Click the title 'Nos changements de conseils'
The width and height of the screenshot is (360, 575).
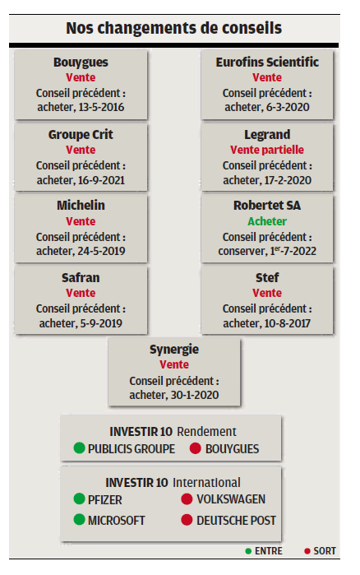click(x=173, y=28)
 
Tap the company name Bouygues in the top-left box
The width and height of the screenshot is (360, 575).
click(x=81, y=63)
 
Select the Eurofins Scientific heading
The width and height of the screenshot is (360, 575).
click(x=267, y=62)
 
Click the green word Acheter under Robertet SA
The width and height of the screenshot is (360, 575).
click(x=267, y=221)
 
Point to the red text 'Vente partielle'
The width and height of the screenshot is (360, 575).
click(x=267, y=150)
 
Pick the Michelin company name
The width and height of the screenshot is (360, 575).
click(x=81, y=206)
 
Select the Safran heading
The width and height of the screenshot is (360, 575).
click(x=81, y=277)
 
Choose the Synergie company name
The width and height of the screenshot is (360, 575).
click(x=174, y=350)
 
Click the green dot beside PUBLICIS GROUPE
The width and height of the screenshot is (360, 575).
click(x=79, y=447)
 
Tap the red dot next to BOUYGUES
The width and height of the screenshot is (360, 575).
click(x=195, y=448)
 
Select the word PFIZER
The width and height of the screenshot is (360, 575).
click(x=104, y=499)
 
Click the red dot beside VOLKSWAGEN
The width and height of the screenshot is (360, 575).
click(x=187, y=498)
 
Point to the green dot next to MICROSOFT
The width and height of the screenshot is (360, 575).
click(x=79, y=519)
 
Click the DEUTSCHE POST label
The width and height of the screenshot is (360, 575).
click(x=236, y=520)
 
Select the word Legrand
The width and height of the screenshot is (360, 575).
click(x=267, y=135)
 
